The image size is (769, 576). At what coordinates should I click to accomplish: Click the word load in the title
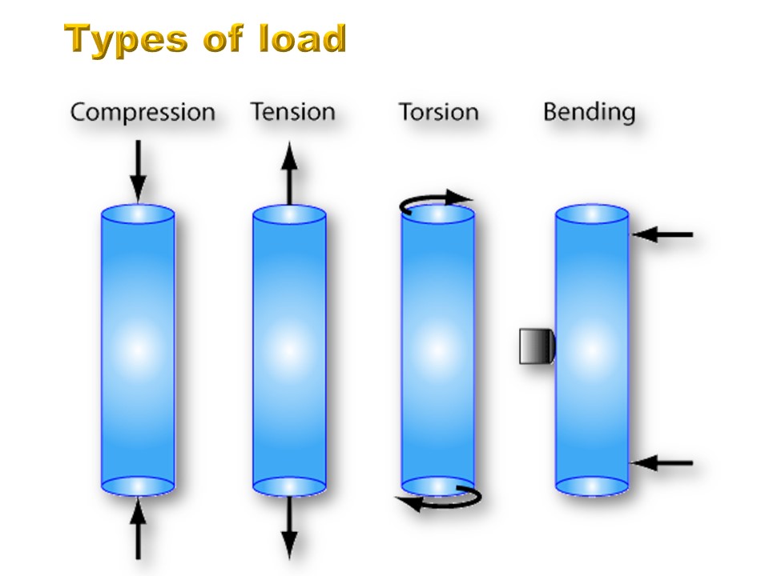click(303, 38)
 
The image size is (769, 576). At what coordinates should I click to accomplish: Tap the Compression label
click(143, 114)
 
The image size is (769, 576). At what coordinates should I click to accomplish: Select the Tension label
click(293, 112)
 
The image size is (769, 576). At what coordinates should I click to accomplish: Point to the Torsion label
click(438, 112)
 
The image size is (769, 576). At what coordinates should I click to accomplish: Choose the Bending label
click(589, 113)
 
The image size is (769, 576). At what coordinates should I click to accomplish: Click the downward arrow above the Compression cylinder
click(139, 171)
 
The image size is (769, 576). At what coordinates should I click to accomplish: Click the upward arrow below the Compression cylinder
click(139, 528)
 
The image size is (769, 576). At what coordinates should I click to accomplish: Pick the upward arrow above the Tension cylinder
click(289, 173)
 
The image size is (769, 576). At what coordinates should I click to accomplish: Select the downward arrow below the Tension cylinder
click(289, 528)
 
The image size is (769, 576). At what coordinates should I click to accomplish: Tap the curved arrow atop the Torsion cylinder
click(432, 198)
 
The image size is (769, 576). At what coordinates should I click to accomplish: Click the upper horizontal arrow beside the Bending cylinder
click(662, 234)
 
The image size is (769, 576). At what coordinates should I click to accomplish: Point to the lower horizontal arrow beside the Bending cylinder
click(662, 462)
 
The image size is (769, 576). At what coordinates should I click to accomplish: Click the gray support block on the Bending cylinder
click(537, 346)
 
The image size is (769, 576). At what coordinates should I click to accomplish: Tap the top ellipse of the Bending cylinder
click(592, 214)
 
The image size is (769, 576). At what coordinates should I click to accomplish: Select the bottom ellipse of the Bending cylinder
click(592, 486)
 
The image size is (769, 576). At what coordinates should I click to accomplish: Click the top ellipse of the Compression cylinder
click(138, 214)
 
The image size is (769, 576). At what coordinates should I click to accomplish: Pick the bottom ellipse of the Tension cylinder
click(289, 486)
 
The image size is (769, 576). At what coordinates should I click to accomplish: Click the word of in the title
click(223, 38)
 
